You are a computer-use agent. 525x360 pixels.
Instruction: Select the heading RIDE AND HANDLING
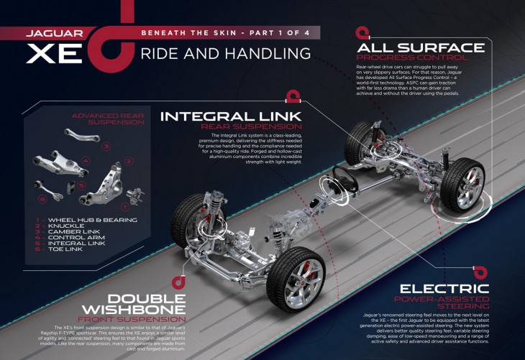tap(225, 54)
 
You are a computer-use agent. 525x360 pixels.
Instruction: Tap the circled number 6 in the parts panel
tap(42, 198)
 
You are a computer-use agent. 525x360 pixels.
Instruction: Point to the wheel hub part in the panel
tap(133, 192)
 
